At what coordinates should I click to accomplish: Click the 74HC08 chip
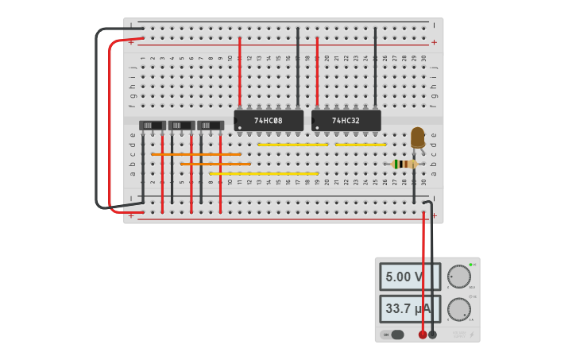[x=269, y=121]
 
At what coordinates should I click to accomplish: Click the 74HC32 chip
[x=346, y=121]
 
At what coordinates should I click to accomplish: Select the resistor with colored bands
[x=406, y=164]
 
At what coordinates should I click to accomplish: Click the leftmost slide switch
[x=153, y=126]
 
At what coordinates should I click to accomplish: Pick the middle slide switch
[x=182, y=126]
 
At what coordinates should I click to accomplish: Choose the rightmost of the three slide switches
[x=211, y=126]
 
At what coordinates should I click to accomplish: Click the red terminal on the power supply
[x=423, y=335]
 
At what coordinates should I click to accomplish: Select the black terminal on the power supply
[x=432, y=335]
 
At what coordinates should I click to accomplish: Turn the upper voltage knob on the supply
[x=458, y=277]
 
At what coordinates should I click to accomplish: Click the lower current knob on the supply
[x=458, y=309]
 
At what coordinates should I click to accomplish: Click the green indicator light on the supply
[x=471, y=265]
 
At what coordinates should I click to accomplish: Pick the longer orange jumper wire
[x=196, y=154]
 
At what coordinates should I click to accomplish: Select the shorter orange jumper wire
[x=215, y=164]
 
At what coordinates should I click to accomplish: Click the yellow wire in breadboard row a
[x=264, y=173]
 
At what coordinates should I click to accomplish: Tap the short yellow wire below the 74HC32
[x=360, y=145]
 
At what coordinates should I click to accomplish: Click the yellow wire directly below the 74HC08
[x=292, y=145]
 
